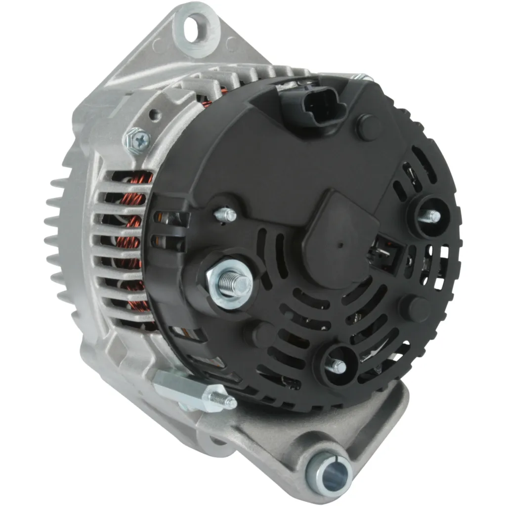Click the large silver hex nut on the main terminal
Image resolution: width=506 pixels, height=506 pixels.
coord(228,284)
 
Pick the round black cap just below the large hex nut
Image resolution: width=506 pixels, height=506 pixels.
coord(258,335)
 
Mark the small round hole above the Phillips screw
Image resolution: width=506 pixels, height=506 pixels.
coord(155,115)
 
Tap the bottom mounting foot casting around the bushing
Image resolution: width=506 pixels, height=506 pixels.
coord(366,435)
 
